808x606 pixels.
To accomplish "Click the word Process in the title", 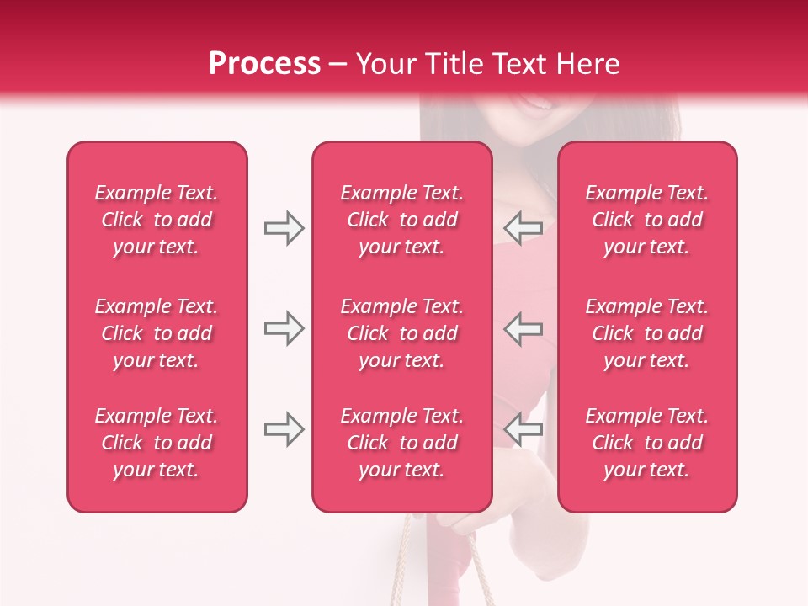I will click(264, 64).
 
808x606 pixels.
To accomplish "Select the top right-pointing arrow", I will click(284, 228).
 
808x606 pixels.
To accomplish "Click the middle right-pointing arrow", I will click(284, 328).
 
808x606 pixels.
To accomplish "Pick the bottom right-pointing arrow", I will click(284, 430).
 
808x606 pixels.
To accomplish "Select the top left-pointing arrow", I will click(524, 228).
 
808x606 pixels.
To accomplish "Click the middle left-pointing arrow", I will click(524, 328).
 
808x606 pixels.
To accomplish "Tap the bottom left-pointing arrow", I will click(524, 430).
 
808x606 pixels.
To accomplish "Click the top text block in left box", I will click(157, 220).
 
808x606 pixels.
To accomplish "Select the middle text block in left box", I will click(157, 333).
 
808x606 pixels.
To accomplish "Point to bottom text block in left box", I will click(157, 443).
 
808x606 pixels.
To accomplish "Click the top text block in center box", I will click(401, 220).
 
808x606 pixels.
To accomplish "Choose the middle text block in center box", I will click(401, 333).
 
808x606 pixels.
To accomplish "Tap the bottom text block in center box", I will click(401, 443).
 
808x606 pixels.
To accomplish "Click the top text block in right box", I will click(647, 220).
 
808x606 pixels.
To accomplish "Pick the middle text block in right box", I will click(647, 333).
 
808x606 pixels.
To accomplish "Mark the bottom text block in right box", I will click(647, 443).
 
